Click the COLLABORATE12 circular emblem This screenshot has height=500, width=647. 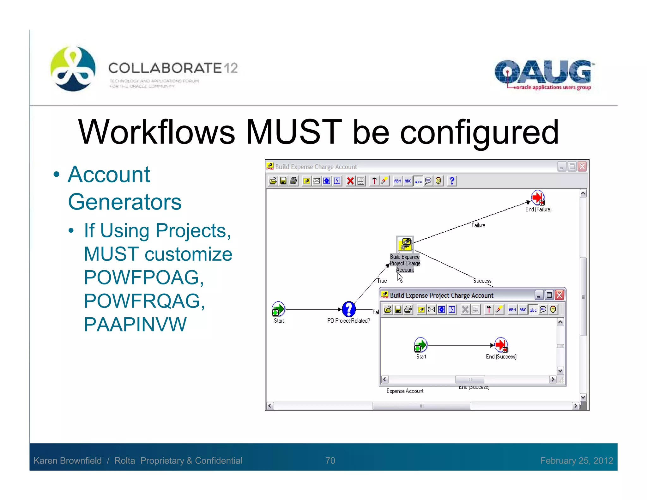[73, 69]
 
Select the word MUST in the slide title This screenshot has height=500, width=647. [293, 132]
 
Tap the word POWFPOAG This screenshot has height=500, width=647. [144, 277]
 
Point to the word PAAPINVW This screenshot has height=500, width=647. [135, 325]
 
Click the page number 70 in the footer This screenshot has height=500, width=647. [330, 460]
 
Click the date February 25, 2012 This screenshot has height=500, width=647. [577, 460]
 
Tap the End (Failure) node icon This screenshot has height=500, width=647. [537, 198]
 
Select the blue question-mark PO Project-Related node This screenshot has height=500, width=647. [348, 309]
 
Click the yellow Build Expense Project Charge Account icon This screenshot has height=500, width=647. [405, 244]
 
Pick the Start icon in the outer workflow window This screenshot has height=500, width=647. [278, 309]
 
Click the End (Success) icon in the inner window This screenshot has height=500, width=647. [501, 345]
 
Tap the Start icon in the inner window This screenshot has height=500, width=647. [420, 345]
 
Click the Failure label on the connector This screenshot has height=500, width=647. [478, 225]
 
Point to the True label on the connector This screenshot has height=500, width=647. [382, 281]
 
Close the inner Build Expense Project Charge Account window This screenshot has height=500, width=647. [559, 295]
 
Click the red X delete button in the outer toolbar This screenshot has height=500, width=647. [350, 181]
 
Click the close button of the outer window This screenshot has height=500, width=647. [582, 167]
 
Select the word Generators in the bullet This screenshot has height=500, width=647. [125, 202]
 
